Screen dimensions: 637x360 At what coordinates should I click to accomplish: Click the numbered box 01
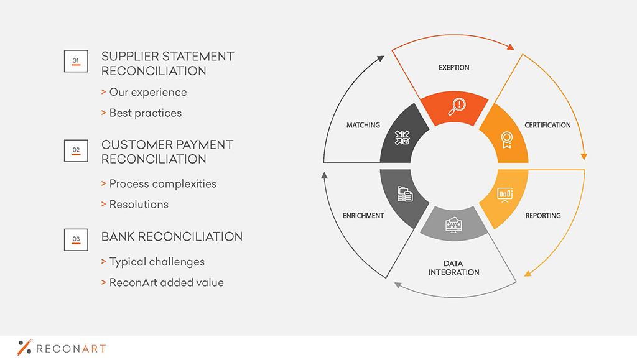pyautogui.click(x=76, y=61)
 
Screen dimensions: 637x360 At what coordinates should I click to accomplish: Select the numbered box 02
pyautogui.click(x=76, y=150)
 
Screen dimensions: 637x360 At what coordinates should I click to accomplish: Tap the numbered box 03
pyautogui.click(x=76, y=239)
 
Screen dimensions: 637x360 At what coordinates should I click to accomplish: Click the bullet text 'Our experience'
pyautogui.click(x=148, y=93)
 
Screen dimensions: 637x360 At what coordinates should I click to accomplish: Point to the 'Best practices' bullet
pyautogui.click(x=146, y=113)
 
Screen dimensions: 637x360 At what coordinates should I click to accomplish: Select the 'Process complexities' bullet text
pyautogui.click(x=162, y=184)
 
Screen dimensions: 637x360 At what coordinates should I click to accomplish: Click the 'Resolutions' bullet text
pyautogui.click(x=139, y=204)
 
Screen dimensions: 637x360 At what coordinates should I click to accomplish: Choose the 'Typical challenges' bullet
pyautogui.click(x=157, y=262)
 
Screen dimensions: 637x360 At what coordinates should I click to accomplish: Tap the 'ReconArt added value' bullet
pyautogui.click(x=167, y=282)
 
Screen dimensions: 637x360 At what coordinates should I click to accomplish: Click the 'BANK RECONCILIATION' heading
pyautogui.click(x=172, y=237)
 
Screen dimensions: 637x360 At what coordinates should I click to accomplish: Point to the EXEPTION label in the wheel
pyautogui.click(x=453, y=67)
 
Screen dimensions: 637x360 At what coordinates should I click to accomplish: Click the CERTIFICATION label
pyautogui.click(x=547, y=125)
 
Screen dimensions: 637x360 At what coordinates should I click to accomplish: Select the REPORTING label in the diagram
pyautogui.click(x=543, y=216)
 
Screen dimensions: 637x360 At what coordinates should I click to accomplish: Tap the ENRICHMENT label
pyautogui.click(x=363, y=216)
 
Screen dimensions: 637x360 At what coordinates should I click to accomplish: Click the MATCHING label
pyautogui.click(x=363, y=125)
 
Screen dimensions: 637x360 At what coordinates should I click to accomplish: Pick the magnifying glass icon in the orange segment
pyautogui.click(x=457, y=107)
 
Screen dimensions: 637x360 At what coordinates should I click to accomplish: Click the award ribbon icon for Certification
pyautogui.click(x=506, y=140)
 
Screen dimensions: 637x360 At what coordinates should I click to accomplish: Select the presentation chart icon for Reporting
pyautogui.click(x=505, y=195)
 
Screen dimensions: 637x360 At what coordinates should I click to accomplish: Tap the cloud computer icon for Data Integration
pyautogui.click(x=453, y=224)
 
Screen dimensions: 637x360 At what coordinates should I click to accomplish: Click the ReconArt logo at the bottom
pyautogui.click(x=62, y=348)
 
